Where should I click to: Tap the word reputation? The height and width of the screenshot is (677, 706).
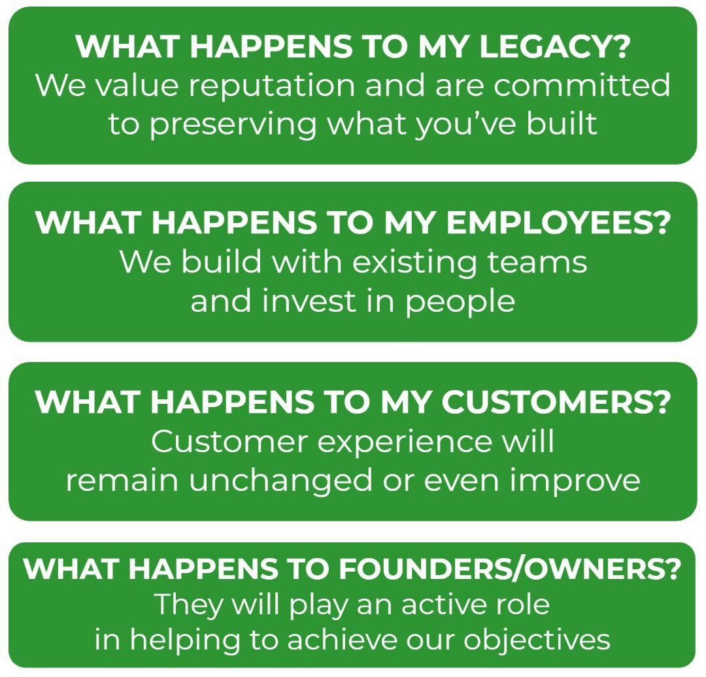[271, 86]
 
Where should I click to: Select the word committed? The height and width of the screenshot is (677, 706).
[582, 85]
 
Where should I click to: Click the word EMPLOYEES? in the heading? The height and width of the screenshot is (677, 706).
[558, 222]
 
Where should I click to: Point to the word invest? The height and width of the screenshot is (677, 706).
[310, 301]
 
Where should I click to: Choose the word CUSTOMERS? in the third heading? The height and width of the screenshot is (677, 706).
[556, 401]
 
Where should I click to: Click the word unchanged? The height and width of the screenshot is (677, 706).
[280, 480]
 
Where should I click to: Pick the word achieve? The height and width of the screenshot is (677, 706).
[342, 640]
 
